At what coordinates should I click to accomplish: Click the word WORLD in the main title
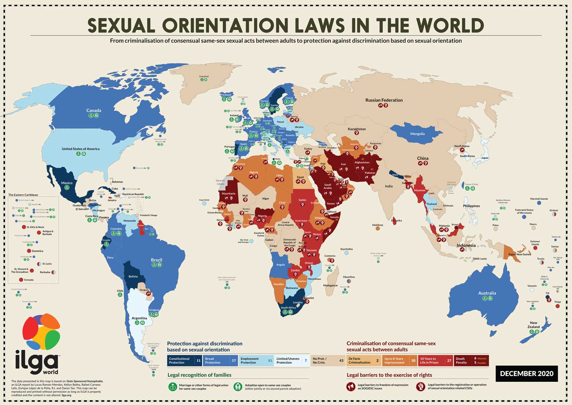pos(447,26)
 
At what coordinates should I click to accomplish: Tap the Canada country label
pos(93,110)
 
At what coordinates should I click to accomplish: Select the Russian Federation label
pos(384,100)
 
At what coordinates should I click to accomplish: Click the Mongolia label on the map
pos(417,134)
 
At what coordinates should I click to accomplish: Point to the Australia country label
pos(487,293)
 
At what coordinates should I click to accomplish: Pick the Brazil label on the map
pos(156,260)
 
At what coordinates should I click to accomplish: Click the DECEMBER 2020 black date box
pos(526,374)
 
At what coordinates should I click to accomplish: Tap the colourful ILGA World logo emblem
pos(41,332)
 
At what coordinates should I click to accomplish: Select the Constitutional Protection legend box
pos(185,361)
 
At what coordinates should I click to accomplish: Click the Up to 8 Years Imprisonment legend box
pos(399,361)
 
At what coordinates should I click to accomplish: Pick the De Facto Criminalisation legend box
pos(363,361)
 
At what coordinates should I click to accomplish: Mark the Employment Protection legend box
pos(256,361)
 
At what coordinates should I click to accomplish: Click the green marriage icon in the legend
pos(173,387)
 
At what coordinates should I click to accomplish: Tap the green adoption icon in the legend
pos(238,387)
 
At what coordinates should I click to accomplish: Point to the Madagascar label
pos(330,286)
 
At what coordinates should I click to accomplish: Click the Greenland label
pos(204,76)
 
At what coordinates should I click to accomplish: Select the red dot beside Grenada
pos(21,280)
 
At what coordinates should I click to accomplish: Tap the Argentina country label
pos(139,318)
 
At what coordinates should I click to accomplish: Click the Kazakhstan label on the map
pos(357,129)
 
